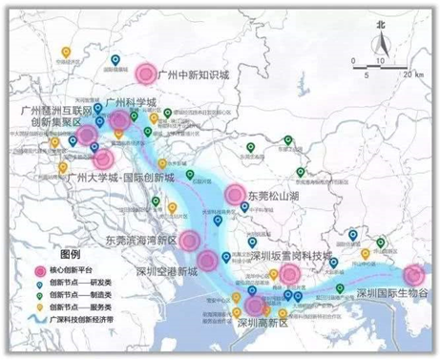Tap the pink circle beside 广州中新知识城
click(x=145, y=73)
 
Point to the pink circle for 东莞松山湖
click(x=235, y=196)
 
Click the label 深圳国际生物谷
click(x=391, y=293)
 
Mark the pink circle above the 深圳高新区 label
click(x=254, y=307)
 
